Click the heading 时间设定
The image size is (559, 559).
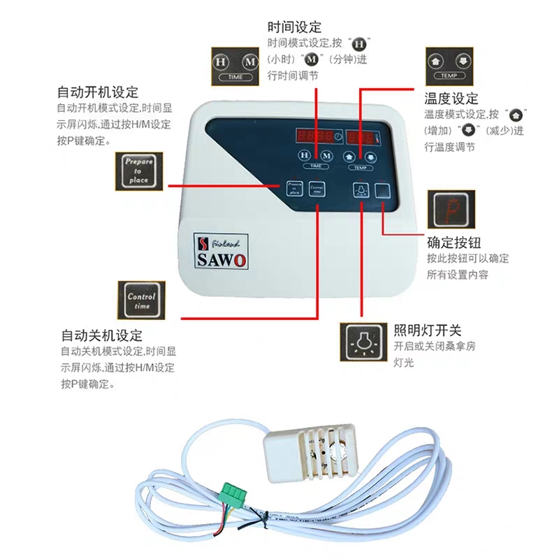click(x=294, y=27)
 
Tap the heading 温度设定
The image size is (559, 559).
click(x=451, y=99)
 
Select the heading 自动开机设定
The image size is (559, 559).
click(x=97, y=92)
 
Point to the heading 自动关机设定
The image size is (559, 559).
click(x=101, y=335)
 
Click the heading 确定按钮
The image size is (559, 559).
click(x=453, y=243)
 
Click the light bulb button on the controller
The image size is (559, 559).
click(x=361, y=189)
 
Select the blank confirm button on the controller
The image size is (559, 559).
click(x=383, y=189)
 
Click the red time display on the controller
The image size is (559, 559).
click(x=314, y=136)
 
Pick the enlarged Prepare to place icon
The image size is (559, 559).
click(x=138, y=172)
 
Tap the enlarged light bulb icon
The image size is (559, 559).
click(x=363, y=342)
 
